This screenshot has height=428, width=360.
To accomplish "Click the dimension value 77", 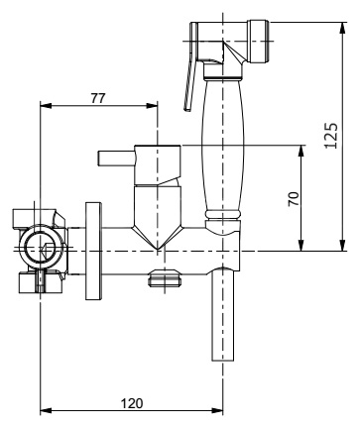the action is pyautogui.click(x=98, y=98).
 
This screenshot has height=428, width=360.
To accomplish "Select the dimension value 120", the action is pyautogui.click(x=132, y=403).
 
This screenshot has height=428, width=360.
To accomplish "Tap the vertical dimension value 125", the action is pyautogui.click(x=331, y=136).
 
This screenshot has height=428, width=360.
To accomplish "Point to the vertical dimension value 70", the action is pyautogui.click(x=294, y=199).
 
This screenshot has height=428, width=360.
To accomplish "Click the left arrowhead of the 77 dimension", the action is pyautogui.click(x=46, y=105).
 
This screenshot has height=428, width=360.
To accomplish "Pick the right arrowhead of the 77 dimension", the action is pyautogui.click(x=152, y=105).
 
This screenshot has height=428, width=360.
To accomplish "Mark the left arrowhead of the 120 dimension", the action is pyautogui.click(x=46, y=411).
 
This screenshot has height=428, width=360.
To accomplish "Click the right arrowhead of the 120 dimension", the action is pyautogui.click(x=217, y=411).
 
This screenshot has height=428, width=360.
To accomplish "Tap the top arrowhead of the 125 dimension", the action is pyautogui.click(x=343, y=28).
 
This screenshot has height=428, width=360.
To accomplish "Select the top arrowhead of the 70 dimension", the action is pyautogui.click(x=300, y=152).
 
